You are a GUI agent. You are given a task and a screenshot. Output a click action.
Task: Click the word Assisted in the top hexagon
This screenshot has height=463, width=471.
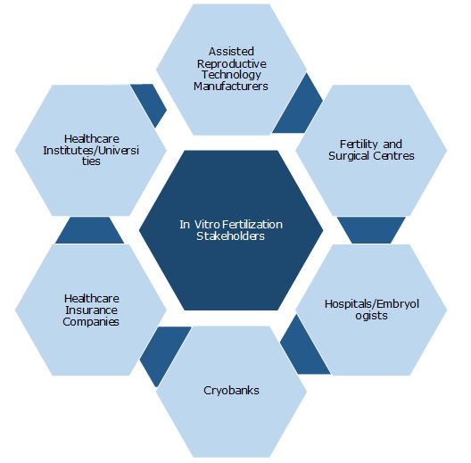tap(231, 52)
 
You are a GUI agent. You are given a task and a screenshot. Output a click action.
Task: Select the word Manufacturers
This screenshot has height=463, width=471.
tap(231, 87)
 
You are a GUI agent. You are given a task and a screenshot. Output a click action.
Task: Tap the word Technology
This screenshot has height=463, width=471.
tap(231, 75)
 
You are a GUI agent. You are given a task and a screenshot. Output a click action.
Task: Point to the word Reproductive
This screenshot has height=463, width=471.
tap(232, 63)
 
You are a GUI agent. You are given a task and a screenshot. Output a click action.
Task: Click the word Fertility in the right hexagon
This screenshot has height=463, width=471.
tap(359, 145)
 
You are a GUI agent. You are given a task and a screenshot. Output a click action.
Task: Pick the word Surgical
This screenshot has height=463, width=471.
tap(349, 156)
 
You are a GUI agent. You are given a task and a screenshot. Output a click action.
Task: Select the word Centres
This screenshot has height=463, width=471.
tap(393, 156)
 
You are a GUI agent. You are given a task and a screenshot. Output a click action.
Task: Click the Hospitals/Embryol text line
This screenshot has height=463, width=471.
tap(372, 304)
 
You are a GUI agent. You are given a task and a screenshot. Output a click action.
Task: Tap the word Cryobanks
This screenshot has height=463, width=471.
tap(231, 391)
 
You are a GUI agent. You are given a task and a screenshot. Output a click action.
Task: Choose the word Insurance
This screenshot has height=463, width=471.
tap(91, 310)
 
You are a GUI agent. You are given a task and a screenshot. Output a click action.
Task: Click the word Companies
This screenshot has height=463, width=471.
tap(91, 322)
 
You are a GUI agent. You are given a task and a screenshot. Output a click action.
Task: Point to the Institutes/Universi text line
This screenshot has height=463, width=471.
tap(91, 150)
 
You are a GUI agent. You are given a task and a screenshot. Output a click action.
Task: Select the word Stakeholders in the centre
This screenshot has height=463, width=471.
tap(231, 236)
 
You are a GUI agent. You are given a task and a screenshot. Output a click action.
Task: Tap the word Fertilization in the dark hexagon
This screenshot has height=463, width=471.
tap(253, 225)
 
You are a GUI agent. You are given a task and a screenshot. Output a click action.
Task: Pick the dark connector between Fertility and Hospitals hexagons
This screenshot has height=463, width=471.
tap(371, 230)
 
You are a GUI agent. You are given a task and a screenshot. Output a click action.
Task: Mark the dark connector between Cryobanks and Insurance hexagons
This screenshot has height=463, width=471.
tap(164, 353)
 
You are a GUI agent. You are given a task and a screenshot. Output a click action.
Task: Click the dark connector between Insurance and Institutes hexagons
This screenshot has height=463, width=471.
tap(89, 230)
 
